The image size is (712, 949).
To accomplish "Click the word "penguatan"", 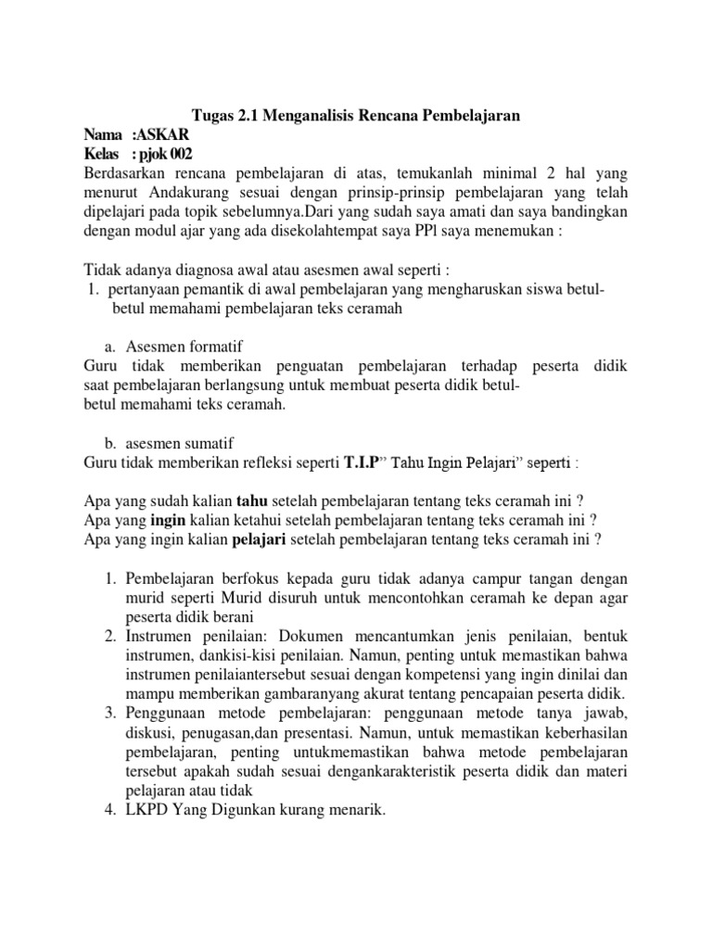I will click(285, 366).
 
